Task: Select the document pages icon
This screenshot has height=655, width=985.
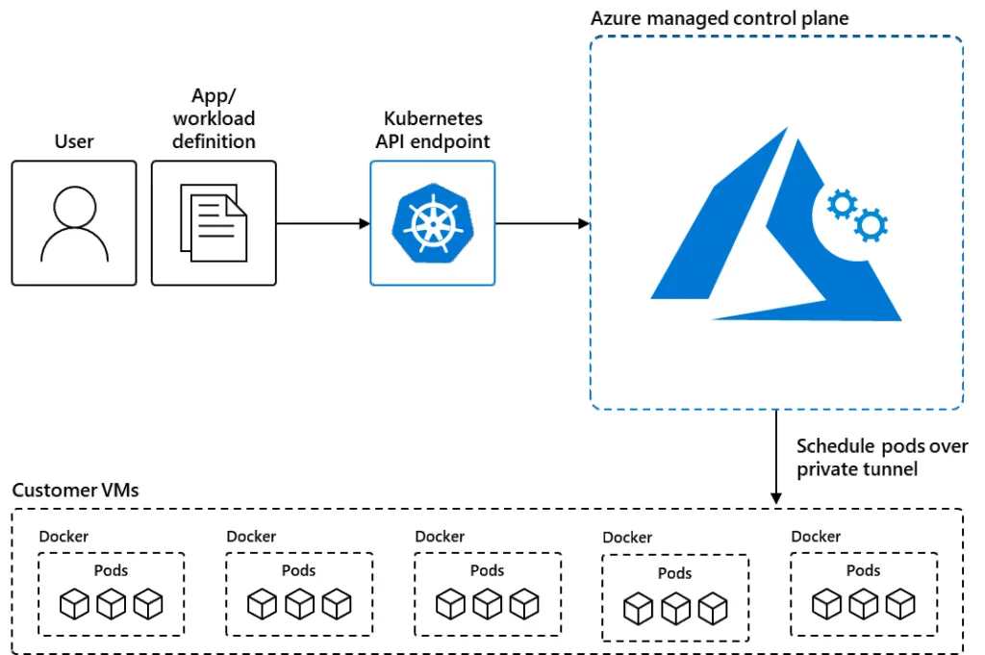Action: click(x=214, y=223)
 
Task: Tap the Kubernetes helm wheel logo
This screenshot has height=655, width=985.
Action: click(x=432, y=223)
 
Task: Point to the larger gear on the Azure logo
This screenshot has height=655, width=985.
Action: click(x=871, y=225)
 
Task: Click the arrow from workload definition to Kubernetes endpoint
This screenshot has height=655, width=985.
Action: click(x=323, y=223)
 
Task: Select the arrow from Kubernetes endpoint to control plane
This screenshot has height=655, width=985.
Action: click(x=543, y=223)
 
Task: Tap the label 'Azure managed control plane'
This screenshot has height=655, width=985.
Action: click(x=720, y=18)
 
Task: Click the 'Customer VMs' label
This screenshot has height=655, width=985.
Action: click(x=75, y=490)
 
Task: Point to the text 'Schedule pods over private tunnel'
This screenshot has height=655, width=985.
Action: click(x=882, y=458)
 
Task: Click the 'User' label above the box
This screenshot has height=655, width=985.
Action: click(x=74, y=141)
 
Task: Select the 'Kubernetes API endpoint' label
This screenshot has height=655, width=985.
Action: click(x=433, y=130)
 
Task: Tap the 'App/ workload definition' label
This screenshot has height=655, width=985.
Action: click(x=214, y=118)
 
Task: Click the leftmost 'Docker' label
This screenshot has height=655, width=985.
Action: click(x=63, y=537)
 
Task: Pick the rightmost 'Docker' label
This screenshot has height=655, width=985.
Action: click(x=816, y=537)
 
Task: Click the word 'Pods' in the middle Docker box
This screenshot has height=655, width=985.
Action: click(x=487, y=570)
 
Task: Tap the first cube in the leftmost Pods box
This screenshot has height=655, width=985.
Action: click(x=74, y=604)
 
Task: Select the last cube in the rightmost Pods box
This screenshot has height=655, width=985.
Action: click(x=900, y=604)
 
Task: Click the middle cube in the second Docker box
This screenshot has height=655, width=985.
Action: click(x=299, y=604)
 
